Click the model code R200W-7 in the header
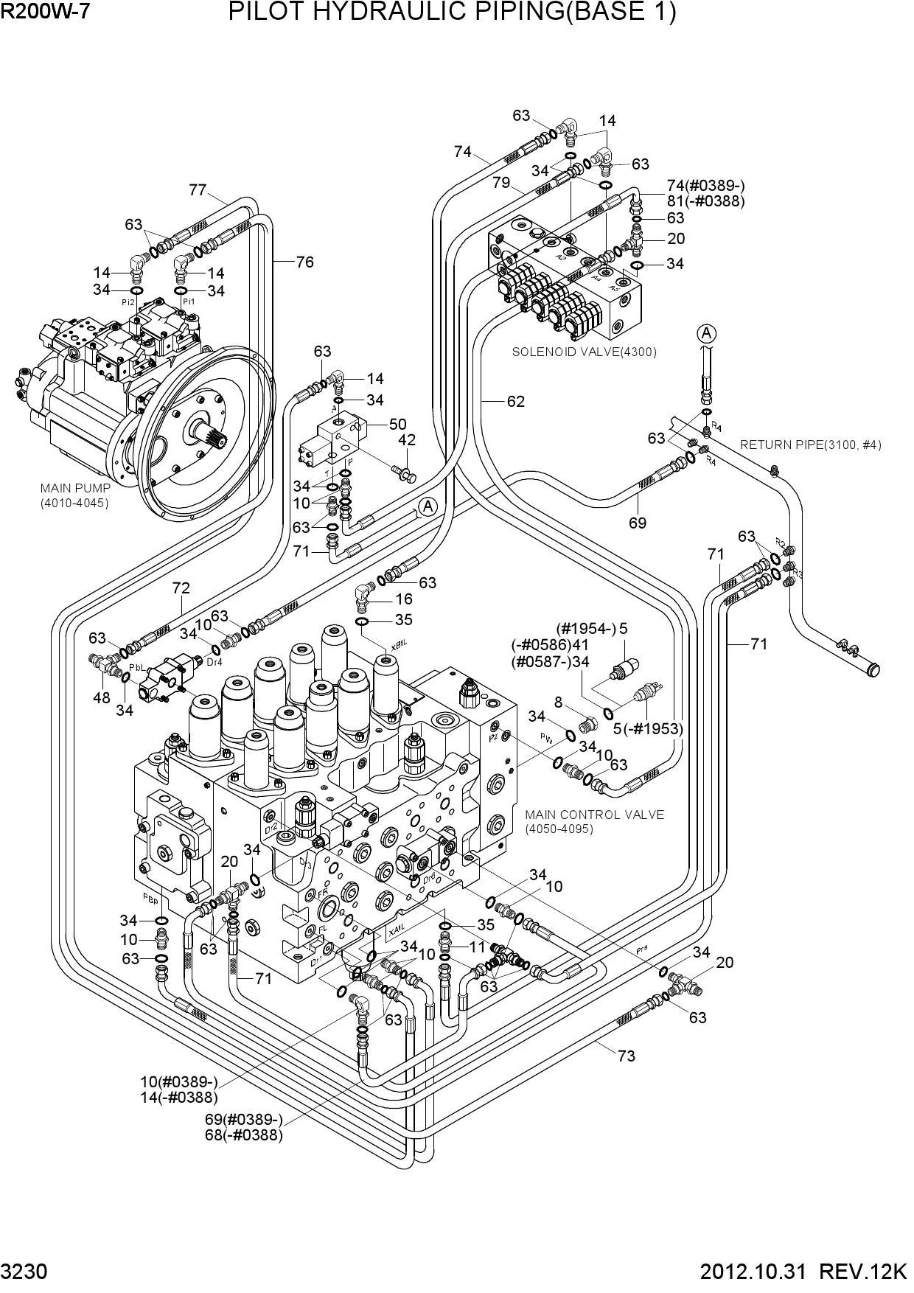pyautogui.click(x=45, y=12)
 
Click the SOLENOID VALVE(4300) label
pyautogui.click(x=584, y=352)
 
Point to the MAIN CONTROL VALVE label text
pyautogui.click(x=594, y=815)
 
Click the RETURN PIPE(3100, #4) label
pyautogui.click(x=810, y=445)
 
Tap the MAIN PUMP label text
pyautogui.click(x=75, y=488)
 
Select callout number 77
pyautogui.click(x=197, y=190)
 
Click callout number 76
pyautogui.click(x=304, y=262)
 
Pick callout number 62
pyautogui.click(x=515, y=401)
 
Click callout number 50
pyautogui.click(x=397, y=424)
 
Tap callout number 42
pyautogui.click(x=406, y=440)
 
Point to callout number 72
pyautogui.click(x=181, y=588)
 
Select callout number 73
pyautogui.click(x=626, y=1056)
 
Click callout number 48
pyautogui.click(x=102, y=697)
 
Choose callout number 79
pyautogui.click(x=501, y=182)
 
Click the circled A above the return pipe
pyautogui.click(x=706, y=334)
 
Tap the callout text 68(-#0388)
pyautogui.click(x=243, y=1135)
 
